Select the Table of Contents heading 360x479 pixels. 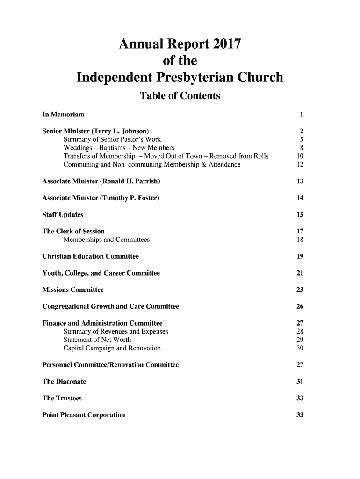180,96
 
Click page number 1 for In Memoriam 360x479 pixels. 302,115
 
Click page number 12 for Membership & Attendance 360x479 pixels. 300,165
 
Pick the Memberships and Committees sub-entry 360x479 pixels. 107,240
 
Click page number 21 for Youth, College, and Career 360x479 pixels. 300,273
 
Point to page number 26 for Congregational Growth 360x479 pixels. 300,307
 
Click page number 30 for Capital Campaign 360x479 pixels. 300,348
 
